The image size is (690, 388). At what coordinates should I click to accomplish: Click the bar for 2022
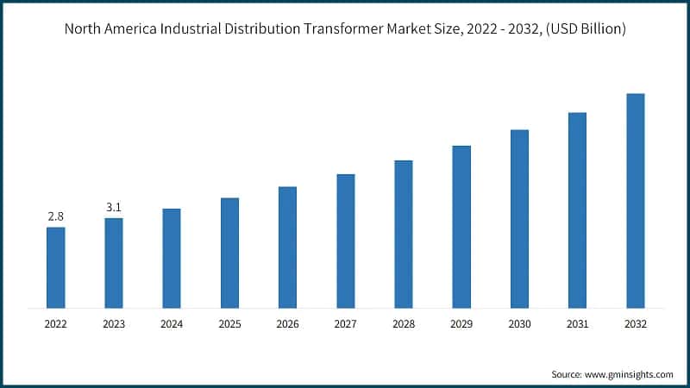(55, 267)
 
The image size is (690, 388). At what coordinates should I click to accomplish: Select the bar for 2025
(229, 253)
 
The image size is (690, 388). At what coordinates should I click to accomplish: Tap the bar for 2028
(404, 234)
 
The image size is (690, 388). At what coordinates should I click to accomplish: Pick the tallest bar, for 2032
(635, 200)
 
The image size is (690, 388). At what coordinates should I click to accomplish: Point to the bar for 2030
(519, 219)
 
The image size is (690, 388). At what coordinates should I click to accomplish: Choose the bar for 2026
(287, 247)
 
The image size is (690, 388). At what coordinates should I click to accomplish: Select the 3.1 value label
(113, 207)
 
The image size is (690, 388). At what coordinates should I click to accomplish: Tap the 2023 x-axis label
(113, 324)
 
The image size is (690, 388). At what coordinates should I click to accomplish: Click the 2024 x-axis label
(172, 324)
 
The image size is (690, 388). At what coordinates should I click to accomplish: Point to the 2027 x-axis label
(345, 324)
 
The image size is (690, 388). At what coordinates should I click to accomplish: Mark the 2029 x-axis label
(461, 324)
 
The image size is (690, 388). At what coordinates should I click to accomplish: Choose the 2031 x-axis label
(577, 324)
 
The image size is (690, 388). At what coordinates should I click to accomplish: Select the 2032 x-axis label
(635, 324)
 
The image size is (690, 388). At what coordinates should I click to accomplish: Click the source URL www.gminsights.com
(630, 374)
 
